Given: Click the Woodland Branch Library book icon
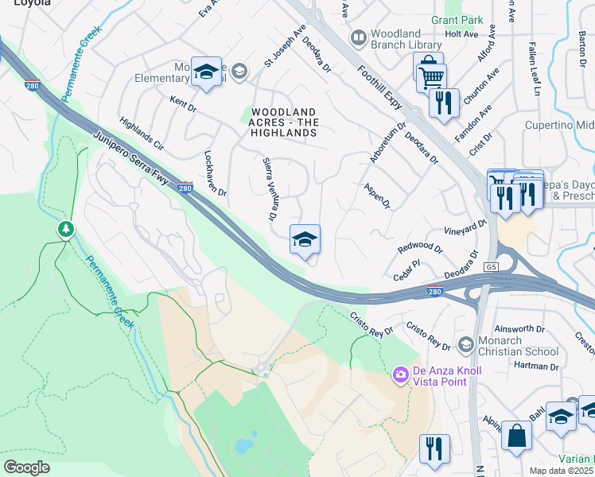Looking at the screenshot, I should pos(359,37).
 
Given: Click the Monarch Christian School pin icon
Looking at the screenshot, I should pos(467,344).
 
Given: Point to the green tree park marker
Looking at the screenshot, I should pos(66,230).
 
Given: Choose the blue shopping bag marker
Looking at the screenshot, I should pos(517,436).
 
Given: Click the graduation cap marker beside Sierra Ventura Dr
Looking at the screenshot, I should pos(305,239).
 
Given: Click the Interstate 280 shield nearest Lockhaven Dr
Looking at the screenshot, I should pos(185,188).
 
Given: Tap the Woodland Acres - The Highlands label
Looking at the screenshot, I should pos(284,122).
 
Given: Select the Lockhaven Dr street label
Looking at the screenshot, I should pos(216,173).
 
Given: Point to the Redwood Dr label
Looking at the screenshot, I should pos(419,246).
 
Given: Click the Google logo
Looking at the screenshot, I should pos(26,467).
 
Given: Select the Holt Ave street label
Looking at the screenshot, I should pos(461,34).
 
